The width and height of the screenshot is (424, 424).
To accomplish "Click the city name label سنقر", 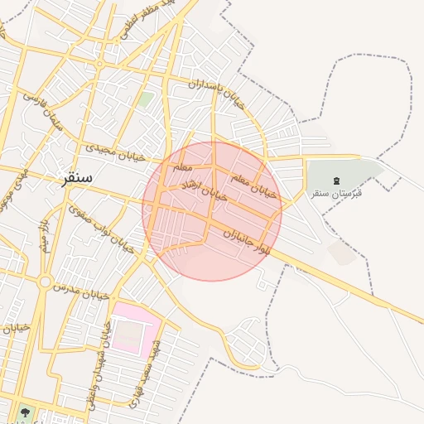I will [76, 177].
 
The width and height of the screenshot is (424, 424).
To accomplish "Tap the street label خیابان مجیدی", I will [115, 152].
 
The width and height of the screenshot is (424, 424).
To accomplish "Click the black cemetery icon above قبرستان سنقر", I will [336, 181].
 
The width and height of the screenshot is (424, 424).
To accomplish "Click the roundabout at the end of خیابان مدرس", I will [42, 282].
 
